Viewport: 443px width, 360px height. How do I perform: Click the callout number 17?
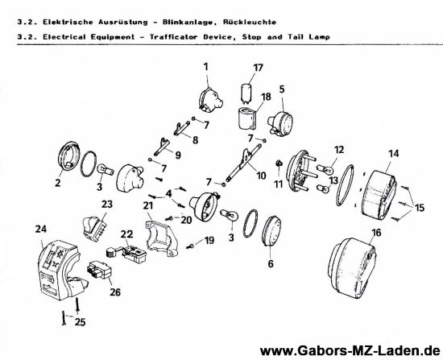(259, 67)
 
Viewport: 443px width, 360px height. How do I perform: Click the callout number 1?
(205, 64)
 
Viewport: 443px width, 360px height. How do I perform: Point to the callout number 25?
(77, 322)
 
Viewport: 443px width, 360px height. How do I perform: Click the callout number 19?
(209, 241)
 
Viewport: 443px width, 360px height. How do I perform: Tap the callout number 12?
(339, 149)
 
